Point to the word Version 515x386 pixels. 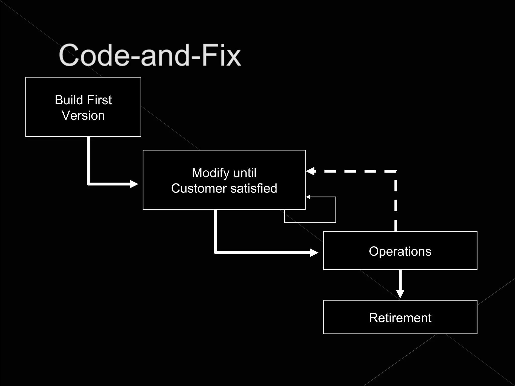[83, 116]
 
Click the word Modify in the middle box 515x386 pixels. [211, 173]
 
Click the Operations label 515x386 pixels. [400, 251]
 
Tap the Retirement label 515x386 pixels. [400, 318]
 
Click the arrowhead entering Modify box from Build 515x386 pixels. [134, 184]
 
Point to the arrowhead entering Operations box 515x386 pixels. [314, 253]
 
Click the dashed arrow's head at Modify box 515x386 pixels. [310, 171]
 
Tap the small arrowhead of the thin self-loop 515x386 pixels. [308, 197]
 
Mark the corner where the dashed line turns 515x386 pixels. [396, 171]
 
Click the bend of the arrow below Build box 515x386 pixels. [89, 184]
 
